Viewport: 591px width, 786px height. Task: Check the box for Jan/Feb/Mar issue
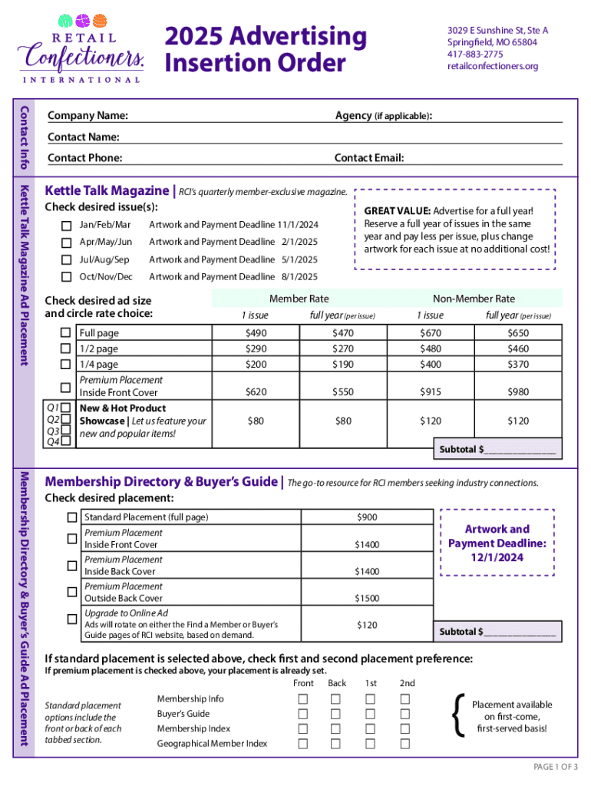pyautogui.click(x=67, y=225)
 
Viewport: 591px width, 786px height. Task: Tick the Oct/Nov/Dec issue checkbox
pyautogui.click(x=67, y=277)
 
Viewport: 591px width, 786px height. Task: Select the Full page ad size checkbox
pyautogui.click(x=67, y=333)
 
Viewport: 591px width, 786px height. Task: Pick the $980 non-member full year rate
pyautogui.click(x=518, y=392)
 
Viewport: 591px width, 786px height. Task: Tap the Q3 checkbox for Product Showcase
pyautogui.click(x=67, y=431)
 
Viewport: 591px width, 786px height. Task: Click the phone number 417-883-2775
pyautogui.click(x=475, y=54)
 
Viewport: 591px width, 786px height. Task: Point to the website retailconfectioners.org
pyautogui.click(x=493, y=66)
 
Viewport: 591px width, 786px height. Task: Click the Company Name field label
pyautogui.click(x=87, y=116)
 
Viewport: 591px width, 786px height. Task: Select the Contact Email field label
pyautogui.click(x=369, y=158)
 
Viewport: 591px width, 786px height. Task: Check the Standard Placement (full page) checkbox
pyautogui.click(x=71, y=517)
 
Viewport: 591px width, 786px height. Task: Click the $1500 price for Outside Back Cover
pyautogui.click(x=367, y=599)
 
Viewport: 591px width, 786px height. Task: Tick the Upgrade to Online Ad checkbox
pyautogui.click(x=71, y=619)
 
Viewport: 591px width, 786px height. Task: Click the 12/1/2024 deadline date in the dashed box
pyautogui.click(x=497, y=558)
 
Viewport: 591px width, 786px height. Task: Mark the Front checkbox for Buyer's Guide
pyautogui.click(x=303, y=714)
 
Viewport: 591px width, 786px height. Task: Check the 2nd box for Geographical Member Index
pyautogui.click(x=406, y=743)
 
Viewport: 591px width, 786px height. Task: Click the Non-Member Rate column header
pyautogui.click(x=474, y=299)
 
